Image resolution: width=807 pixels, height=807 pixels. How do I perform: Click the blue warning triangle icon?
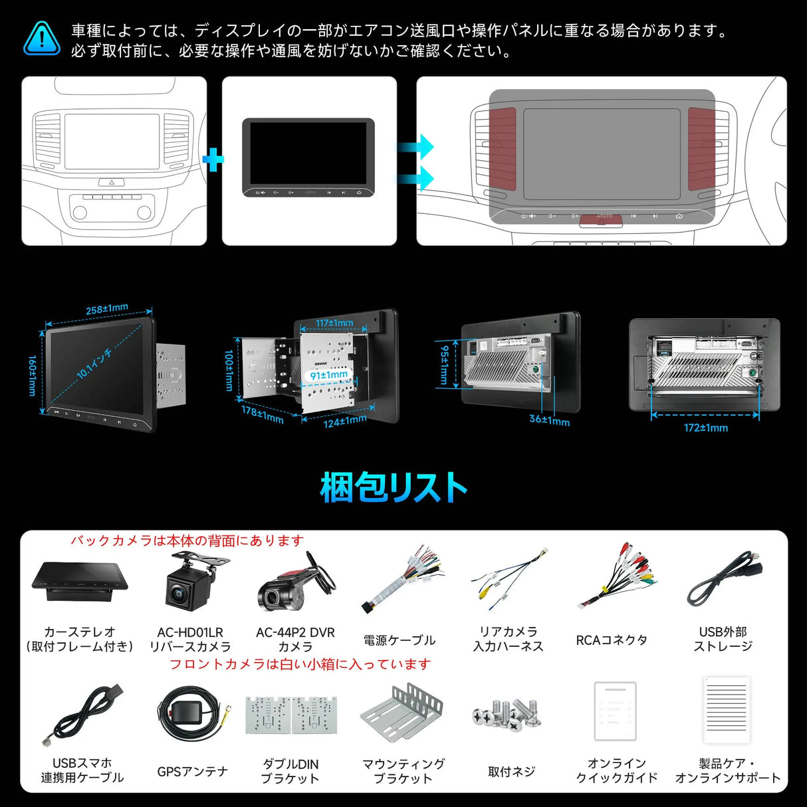coord(42,39)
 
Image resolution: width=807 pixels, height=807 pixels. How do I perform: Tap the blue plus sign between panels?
coord(213,160)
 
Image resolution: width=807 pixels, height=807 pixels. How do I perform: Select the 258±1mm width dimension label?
coord(107,309)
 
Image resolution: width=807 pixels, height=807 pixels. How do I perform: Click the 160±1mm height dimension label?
coord(32,376)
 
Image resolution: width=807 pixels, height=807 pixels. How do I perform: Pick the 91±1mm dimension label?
coord(329,375)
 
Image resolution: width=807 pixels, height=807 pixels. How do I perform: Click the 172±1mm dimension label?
coord(705,427)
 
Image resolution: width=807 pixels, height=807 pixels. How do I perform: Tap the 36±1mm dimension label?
coord(549,420)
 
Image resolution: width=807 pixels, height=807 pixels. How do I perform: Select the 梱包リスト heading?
coord(394,488)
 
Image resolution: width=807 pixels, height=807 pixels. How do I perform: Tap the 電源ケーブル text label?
coord(399,640)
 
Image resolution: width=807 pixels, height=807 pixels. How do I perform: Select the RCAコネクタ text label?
coord(612,640)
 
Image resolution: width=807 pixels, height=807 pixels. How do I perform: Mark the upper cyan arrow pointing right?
coord(416,147)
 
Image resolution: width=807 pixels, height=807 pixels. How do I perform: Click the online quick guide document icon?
coord(615,711)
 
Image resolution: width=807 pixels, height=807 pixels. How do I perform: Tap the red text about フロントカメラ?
coord(300,664)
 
